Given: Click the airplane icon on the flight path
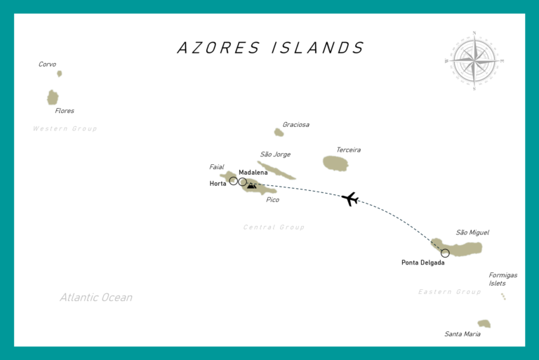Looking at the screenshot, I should (350, 199).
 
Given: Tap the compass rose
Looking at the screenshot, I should (474, 60).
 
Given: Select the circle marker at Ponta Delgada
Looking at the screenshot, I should (445, 253).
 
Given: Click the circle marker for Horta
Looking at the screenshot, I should (233, 181).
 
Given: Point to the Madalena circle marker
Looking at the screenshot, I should (243, 182).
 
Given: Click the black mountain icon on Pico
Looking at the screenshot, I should (251, 186).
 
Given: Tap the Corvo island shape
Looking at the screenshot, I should (60, 73).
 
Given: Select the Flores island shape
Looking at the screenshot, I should (53, 97).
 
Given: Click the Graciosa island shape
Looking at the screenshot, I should (279, 132).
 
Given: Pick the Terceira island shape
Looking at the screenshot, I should (335, 164).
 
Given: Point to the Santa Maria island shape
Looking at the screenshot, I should (484, 324).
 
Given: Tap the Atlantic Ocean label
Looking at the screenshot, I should (95, 298).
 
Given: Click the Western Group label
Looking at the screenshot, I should (65, 128).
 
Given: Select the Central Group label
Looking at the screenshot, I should (274, 227).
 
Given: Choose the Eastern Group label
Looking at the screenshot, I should (449, 292).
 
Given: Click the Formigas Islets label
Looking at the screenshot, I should (503, 279).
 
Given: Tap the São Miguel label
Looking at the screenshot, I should (472, 232).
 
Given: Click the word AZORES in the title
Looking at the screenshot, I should (218, 48).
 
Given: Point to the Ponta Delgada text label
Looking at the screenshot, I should (422, 263).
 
